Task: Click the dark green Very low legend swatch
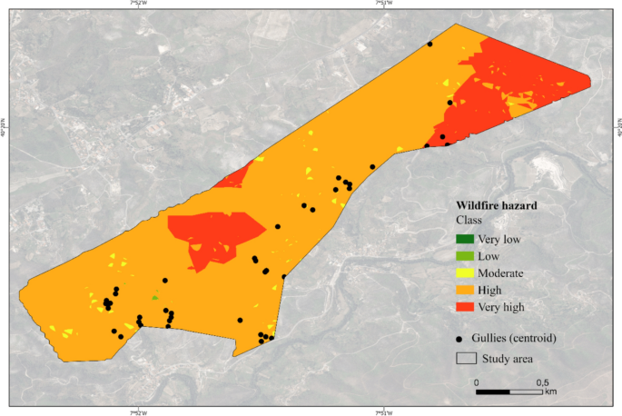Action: tap(464, 240)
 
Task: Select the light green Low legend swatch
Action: tap(464, 256)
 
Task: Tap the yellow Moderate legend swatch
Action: tap(464, 273)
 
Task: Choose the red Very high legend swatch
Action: tap(464, 307)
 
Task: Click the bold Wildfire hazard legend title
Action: tap(496, 205)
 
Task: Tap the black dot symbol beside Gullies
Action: tap(462, 338)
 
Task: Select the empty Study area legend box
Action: tap(465, 358)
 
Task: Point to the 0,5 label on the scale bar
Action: tap(543, 382)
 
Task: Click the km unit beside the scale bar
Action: tap(551, 392)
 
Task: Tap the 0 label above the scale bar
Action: tap(477, 382)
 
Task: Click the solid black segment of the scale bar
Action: tap(493, 392)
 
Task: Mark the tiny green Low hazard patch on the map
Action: tap(155, 297)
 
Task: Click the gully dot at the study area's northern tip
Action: tap(429, 44)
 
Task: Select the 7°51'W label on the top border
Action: tap(382, 5)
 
